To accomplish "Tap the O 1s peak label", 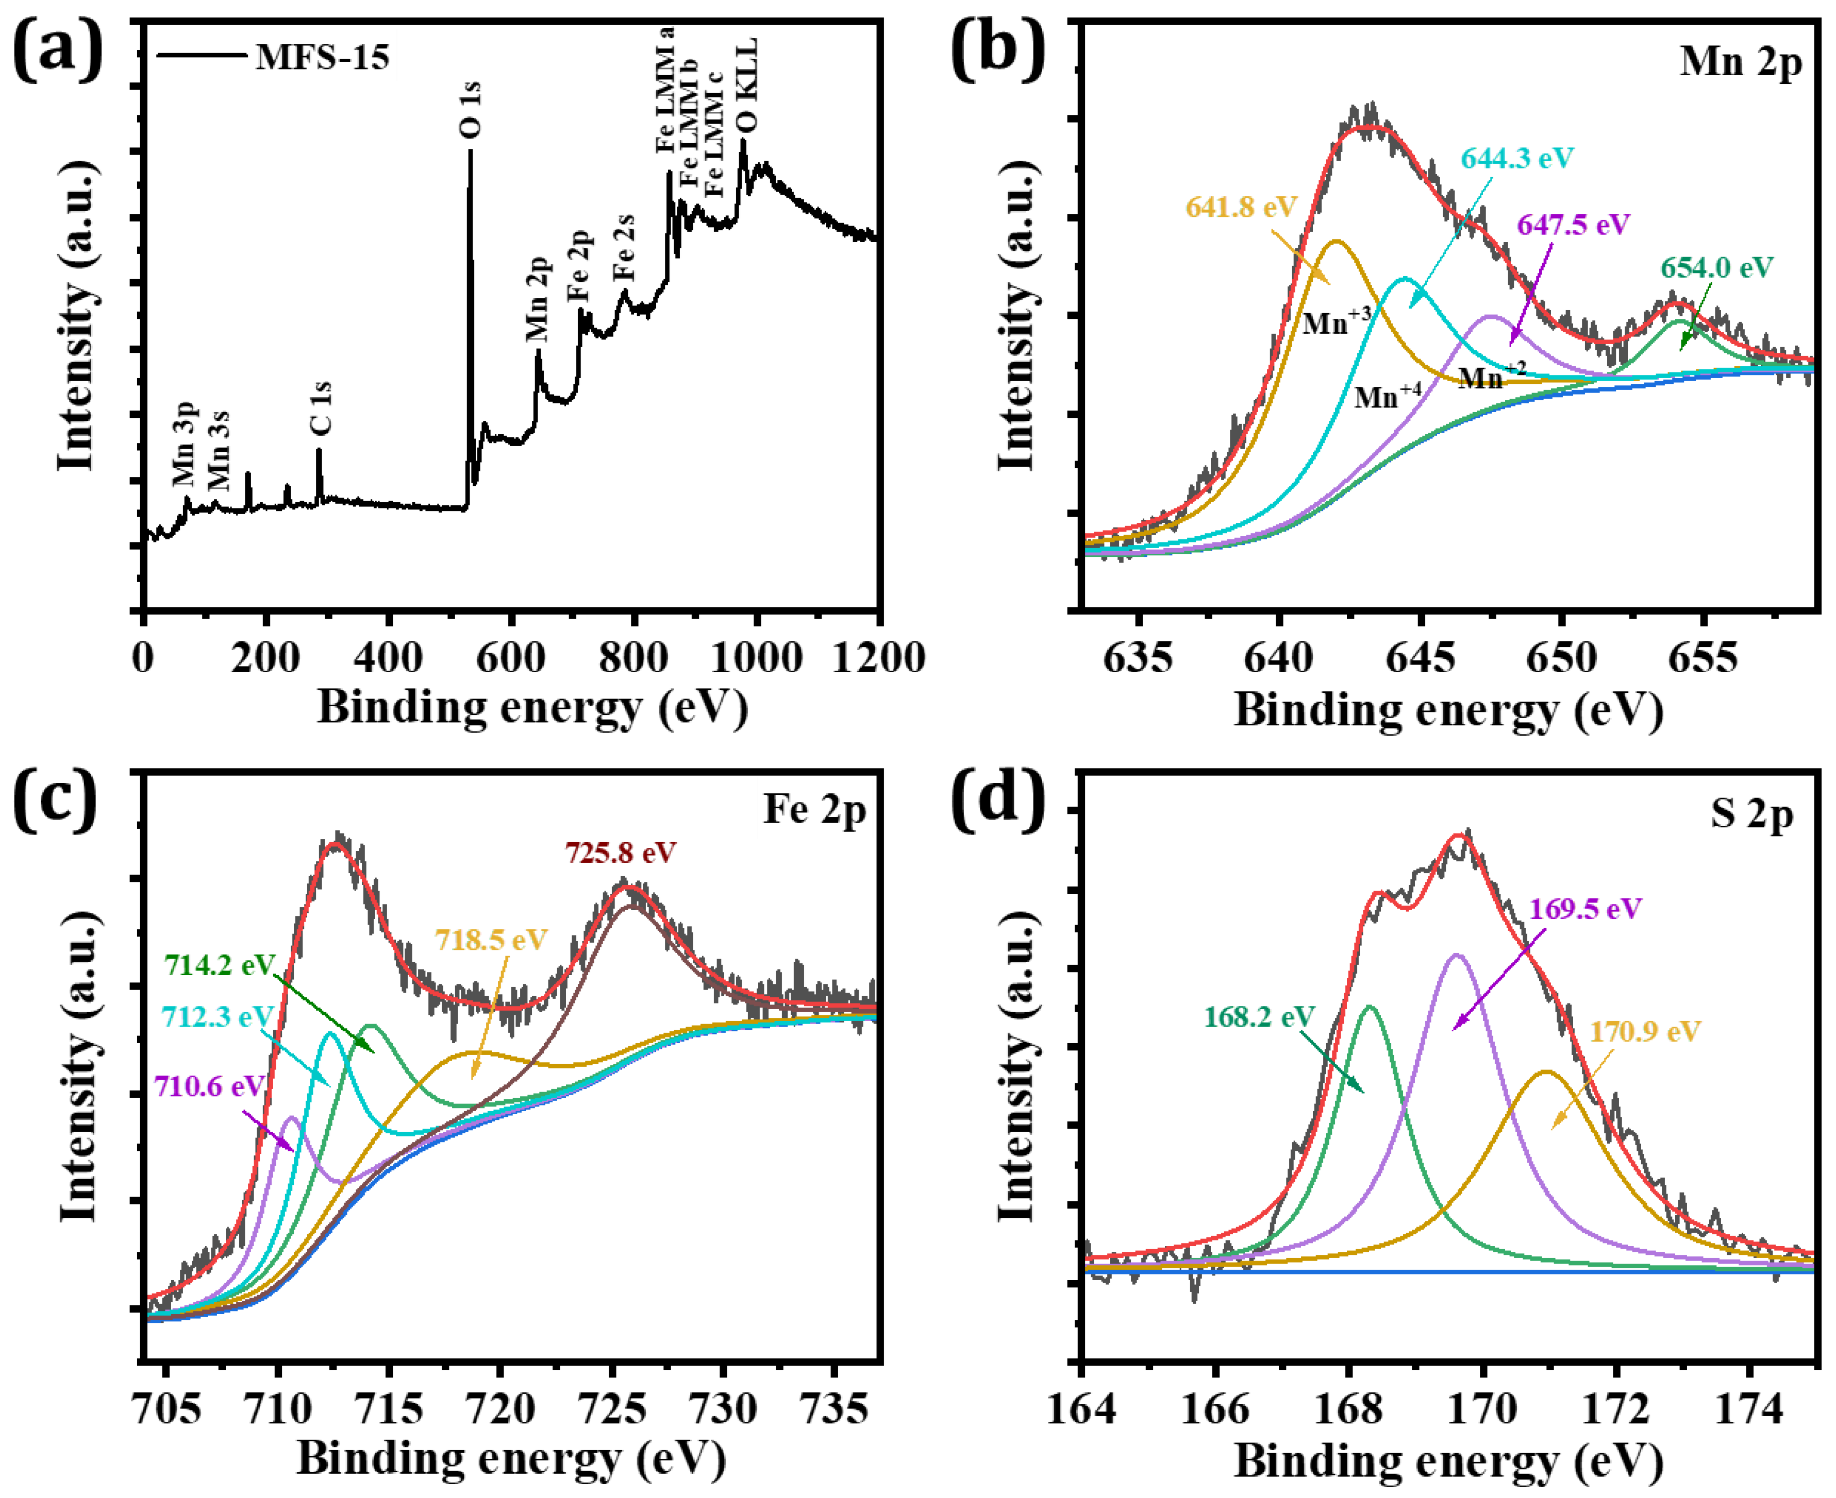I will (471, 110).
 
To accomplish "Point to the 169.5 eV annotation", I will (1585, 909).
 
